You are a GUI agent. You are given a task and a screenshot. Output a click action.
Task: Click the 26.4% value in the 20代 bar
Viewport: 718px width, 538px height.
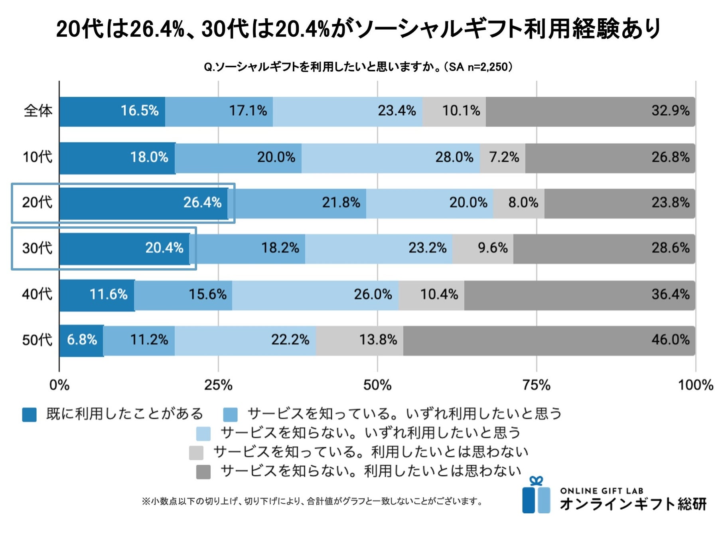(x=202, y=202)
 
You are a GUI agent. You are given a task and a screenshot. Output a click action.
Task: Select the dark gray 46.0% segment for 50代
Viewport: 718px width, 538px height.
(x=549, y=340)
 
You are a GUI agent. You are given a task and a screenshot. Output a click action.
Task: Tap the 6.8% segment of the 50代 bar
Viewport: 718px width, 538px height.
(x=82, y=340)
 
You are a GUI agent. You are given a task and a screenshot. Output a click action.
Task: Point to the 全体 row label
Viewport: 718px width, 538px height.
(x=38, y=111)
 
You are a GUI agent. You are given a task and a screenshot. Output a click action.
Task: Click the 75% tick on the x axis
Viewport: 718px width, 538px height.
(x=536, y=385)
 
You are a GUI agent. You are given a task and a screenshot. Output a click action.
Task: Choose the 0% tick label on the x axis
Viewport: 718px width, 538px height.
(x=59, y=385)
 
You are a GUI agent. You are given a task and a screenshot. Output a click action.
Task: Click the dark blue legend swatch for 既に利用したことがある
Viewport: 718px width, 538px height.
(x=29, y=414)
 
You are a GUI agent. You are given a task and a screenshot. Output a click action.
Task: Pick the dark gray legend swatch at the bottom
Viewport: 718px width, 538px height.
(x=203, y=472)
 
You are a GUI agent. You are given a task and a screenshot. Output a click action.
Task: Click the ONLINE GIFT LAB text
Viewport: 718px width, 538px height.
(x=602, y=491)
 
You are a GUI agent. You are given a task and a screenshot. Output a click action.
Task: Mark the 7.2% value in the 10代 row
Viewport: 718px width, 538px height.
(x=504, y=157)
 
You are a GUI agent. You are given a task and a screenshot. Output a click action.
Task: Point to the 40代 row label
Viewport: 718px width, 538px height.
(x=37, y=294)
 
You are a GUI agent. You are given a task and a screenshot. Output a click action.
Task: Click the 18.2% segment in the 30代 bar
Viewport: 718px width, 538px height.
(x=280, y=248)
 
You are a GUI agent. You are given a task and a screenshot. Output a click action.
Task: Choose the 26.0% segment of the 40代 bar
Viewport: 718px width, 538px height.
(x=373, y=295)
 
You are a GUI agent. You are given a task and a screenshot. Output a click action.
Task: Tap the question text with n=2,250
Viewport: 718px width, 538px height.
(x=358, y=67)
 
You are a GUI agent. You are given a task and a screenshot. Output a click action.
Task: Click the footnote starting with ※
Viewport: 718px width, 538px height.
(x=312, y=501)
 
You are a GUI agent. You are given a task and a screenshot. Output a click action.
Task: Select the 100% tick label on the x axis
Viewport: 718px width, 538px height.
(x=695, y=385)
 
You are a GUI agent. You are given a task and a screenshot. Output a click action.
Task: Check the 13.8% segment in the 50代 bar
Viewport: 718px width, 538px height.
(x=378, y=340)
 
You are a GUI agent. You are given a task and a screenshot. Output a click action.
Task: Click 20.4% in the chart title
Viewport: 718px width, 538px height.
(x=302, y=29)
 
